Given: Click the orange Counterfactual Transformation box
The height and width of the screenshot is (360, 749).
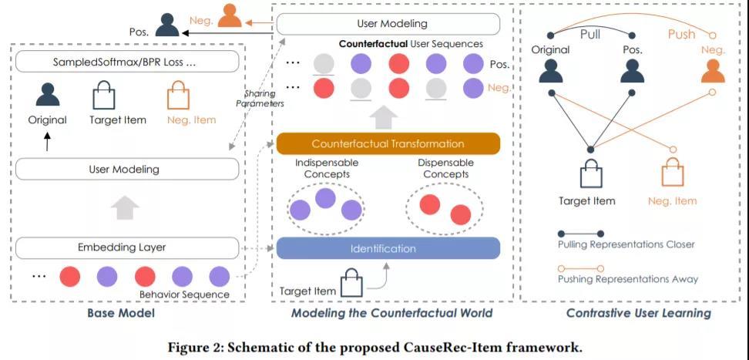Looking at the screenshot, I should (x=388, y=143).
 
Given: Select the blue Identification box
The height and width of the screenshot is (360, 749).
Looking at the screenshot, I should (x=388, y=248).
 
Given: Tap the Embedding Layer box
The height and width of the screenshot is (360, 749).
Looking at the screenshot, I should (x=127, y=247).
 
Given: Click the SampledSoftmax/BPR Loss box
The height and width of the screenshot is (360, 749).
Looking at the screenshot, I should (x=127, y=62).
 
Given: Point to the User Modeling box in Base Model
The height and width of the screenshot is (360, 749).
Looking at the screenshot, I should (x=127, y=169).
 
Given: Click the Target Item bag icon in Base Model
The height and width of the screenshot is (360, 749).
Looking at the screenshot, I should (x=103, y=97).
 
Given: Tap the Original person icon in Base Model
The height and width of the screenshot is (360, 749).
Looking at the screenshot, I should (x=48, y=96).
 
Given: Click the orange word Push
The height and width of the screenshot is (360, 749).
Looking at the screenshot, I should (x=680, y=35).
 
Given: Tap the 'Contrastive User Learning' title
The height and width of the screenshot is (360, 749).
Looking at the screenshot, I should (x=638, y=313).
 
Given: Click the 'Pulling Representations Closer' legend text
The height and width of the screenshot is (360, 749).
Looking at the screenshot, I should (x=626, y=244).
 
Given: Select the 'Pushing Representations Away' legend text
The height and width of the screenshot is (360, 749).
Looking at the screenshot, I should (x=628, y=279).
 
